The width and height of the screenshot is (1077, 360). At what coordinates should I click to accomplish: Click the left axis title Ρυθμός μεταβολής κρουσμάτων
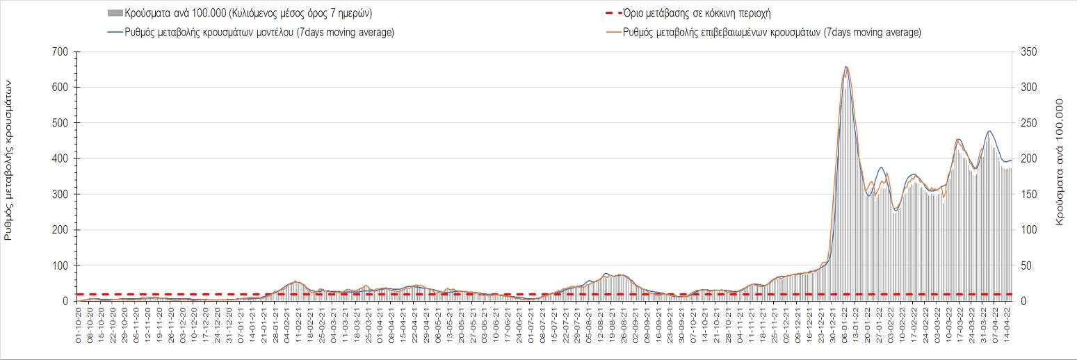click(x=9, y=159)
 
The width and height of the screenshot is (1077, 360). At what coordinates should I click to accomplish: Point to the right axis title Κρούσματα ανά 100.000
click(x=1061, y=160)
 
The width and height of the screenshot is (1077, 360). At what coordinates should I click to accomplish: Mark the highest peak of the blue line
click(x=845, y=67)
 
